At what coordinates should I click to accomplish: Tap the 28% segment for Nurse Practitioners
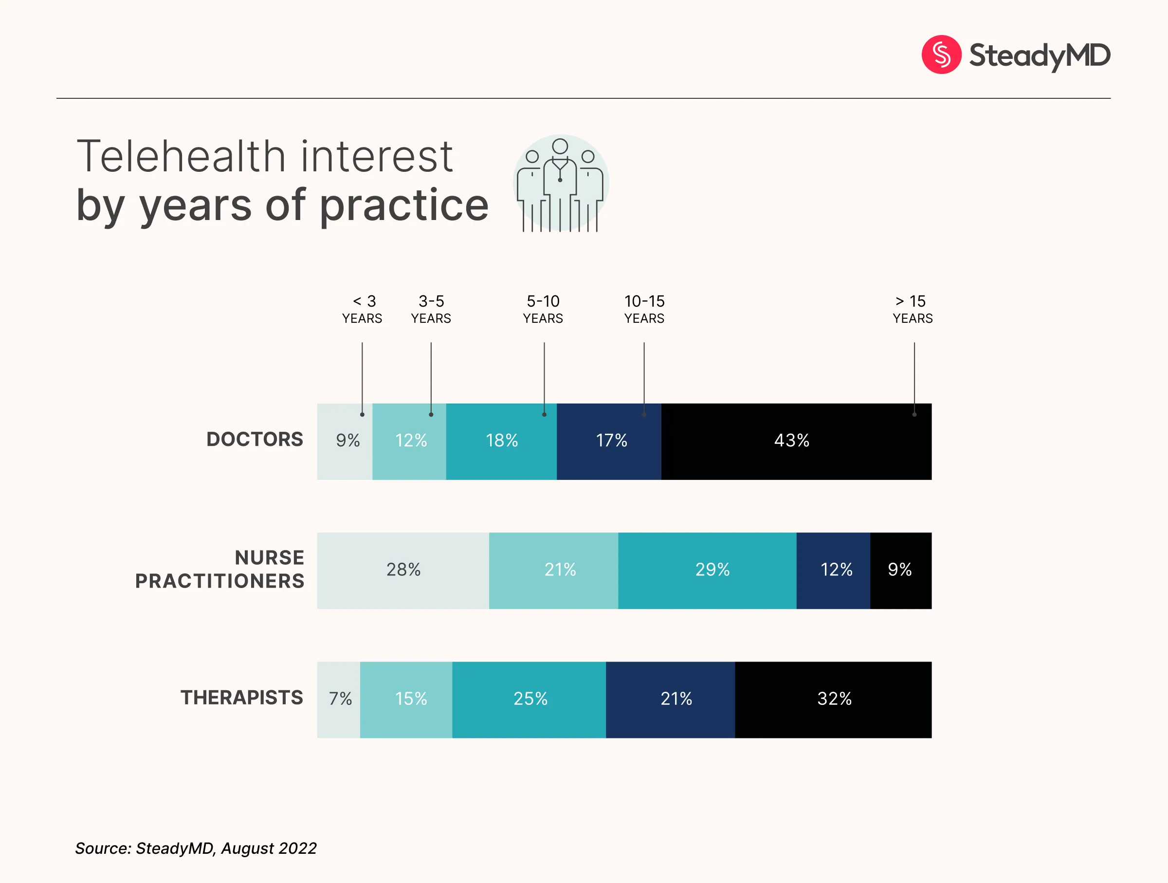pos(403,570)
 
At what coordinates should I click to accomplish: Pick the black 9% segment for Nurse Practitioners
pos(900,570)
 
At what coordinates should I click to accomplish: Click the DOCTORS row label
pos(255,440)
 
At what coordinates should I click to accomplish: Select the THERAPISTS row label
pos(242,698)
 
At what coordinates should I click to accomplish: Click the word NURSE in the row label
pos(269,558)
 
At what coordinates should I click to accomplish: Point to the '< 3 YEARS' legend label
pos(362,310)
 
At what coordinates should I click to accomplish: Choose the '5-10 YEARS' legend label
pos(543,310)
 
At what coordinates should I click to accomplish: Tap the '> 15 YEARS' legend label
pos(912,310)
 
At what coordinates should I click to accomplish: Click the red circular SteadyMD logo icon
pos(941,55)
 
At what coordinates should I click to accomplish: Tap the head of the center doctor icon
pos(560,147)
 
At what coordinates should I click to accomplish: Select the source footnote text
pos(196,848)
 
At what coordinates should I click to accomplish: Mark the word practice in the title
pos(404,206)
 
